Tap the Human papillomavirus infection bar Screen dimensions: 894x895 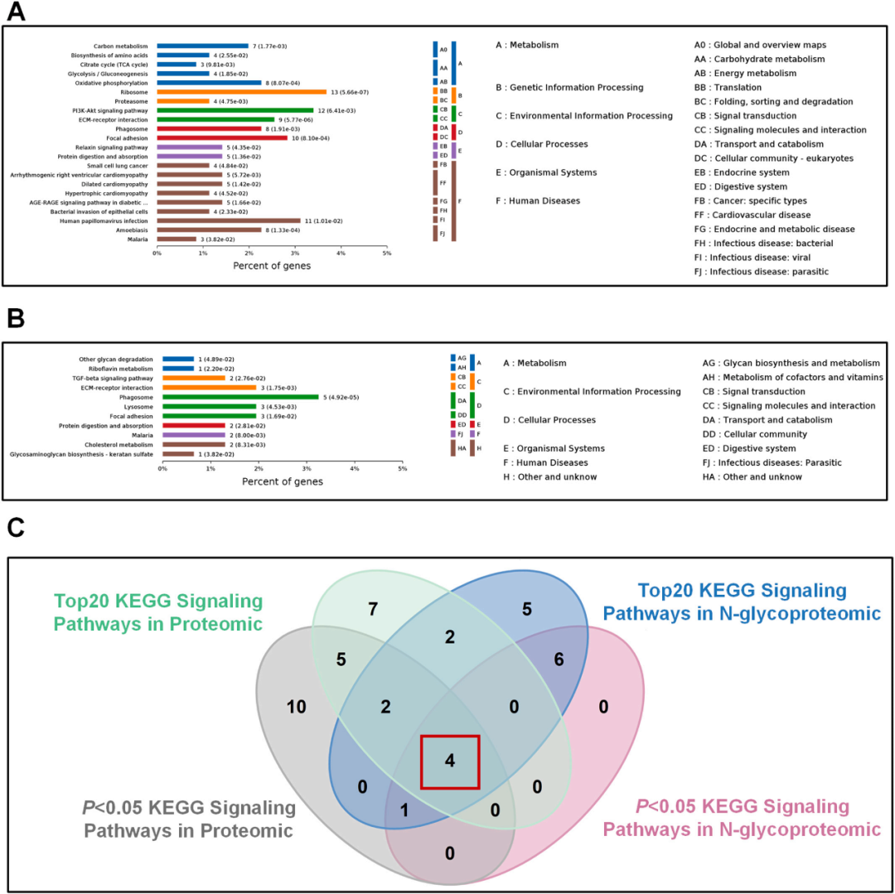click(x=229, y=220)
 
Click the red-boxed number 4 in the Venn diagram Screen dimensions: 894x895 click(x=449, y=761)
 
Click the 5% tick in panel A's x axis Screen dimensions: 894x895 click(x=386, y=253)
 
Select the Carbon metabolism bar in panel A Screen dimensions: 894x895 click(x=202, y=46)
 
